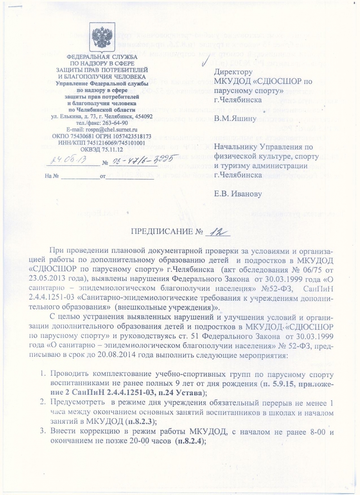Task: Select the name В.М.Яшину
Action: point(232,119)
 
